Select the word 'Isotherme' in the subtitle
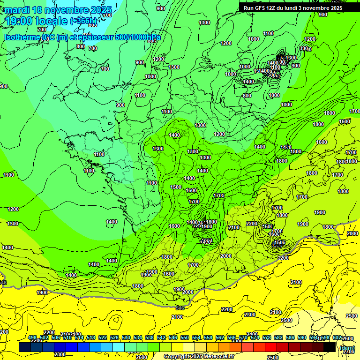click(x=22, y=37)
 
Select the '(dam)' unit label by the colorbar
click(x=347, y=347)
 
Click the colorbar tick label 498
click(x=32, y=337)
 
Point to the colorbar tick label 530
click(x=126, y=337)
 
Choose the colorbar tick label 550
click(x=185, y=337)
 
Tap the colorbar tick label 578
click(x=267, y=337)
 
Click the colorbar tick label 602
click(x=337, y=337)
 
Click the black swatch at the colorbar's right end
click(x=330, y=347)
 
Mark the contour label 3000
click(x=305, y=48)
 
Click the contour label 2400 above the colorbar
click(x=252, y=334)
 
